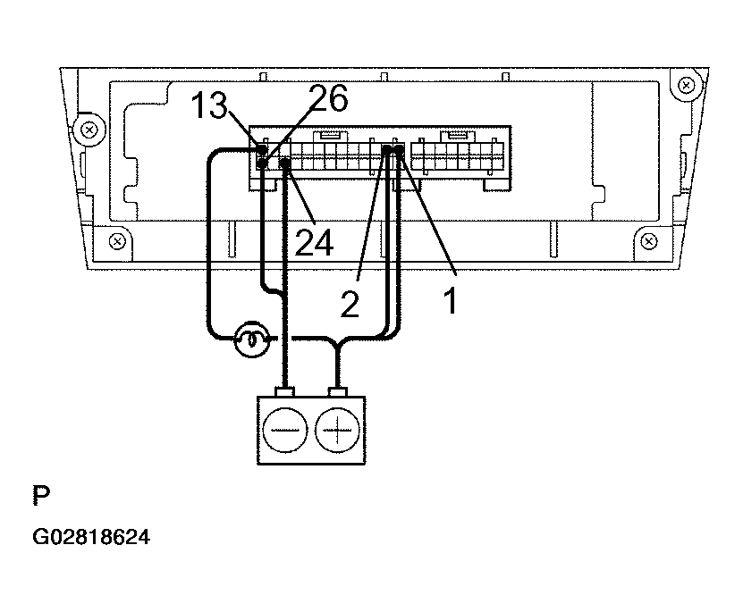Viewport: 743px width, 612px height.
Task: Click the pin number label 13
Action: (208, 105)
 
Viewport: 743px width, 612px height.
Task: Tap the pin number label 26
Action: (329, 98)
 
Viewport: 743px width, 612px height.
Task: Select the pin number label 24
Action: (314, 242)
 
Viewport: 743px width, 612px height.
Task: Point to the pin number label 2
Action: (350, 305)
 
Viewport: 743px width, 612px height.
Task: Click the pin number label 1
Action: (451, 300)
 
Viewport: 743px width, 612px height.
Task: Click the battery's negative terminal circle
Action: (285, 431)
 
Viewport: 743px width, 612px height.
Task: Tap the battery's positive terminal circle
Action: (337, 431)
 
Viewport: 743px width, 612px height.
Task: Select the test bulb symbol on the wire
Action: (252, 339)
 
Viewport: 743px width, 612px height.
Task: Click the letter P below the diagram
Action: (41, 496)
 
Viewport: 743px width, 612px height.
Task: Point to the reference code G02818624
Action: (91, 537)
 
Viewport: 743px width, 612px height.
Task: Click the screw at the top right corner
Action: (686, 86)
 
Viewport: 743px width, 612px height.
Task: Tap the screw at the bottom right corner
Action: (649, 241)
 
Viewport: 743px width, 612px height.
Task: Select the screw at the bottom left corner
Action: (117, 241)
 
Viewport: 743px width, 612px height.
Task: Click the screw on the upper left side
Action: (89, 130)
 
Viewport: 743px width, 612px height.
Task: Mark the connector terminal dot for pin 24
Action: (285, 163)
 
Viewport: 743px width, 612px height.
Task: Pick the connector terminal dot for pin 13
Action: (262, 150)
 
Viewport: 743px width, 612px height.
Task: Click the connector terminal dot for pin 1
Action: (400, 150)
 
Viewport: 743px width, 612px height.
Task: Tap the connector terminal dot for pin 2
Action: (387, 150)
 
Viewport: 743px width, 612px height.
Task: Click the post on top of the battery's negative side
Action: (285, 392)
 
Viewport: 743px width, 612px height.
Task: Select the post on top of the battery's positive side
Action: (337, 392)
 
